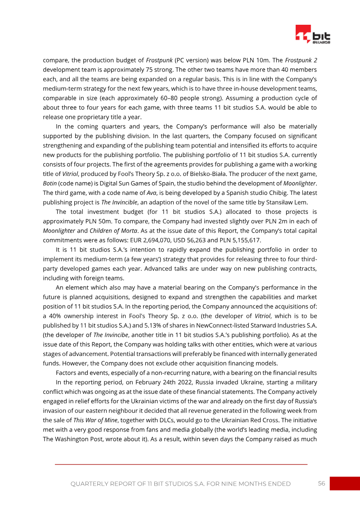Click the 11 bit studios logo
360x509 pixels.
[x=313, y=35]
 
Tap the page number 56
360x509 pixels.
[x=321, y=483]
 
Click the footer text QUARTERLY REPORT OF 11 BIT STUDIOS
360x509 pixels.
[x=180, y=484]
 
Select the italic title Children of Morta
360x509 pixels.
[x=96, y=231]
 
